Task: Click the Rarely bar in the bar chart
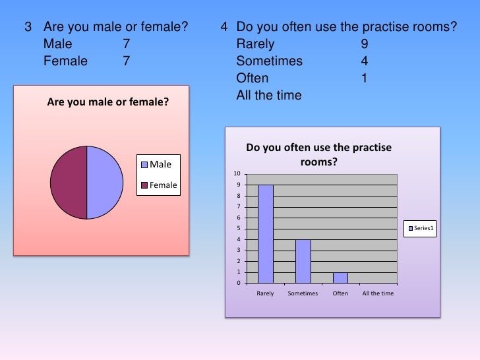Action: click(x=266, y=233)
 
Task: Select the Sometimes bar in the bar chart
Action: click(x=303, y=261)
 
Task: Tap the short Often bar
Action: click(x=340, y=278)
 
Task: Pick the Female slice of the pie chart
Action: click(x=69, y=182)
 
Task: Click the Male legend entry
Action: click(x=156, y=164)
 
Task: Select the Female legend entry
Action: click(x=158, y=185)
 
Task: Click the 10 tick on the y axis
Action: click(x=236, y=174)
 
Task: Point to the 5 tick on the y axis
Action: click(x=238, y=229)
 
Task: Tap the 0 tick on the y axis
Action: click(x=238, y=284)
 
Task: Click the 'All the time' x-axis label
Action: click(x=378, y=293)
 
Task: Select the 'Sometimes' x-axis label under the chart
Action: click(x=303, y=293)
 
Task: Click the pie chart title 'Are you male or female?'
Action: click(x=108, y=102)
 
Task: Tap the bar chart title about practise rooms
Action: click(x=318, y=154)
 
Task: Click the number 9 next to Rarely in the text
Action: click(x=365, y=45)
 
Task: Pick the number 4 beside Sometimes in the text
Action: click(x=365, y=61)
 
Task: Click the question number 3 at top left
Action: click(x=28, y=28)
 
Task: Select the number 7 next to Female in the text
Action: click(x=125, y=61)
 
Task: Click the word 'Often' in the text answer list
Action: click(x=253, y=78)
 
